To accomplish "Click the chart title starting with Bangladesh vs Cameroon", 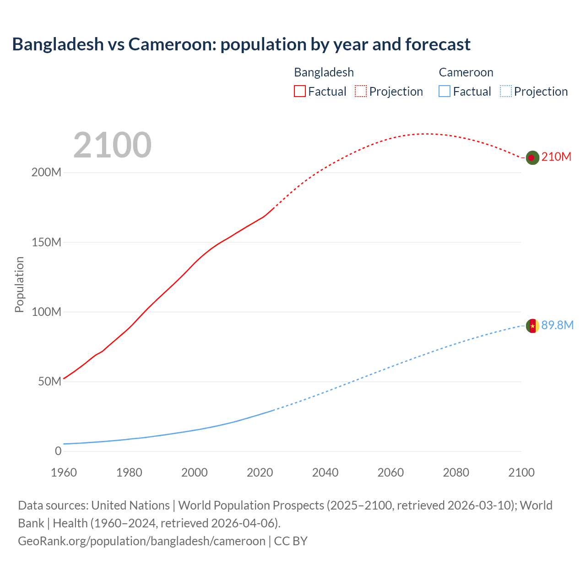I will [241, 44].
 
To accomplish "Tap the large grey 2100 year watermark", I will [112, 145].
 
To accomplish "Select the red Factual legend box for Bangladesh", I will [299, 91].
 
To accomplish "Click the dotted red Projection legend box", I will [361, 91].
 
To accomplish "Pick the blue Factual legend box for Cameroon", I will [444, 91].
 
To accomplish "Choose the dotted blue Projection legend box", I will [506, 91].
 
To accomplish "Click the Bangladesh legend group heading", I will [324, 72].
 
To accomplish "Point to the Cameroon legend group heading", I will [466, 72].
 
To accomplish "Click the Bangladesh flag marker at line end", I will [532, 157].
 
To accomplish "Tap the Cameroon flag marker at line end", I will [532, 326].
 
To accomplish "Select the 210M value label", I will [556, 157].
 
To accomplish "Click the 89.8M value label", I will [557, 325].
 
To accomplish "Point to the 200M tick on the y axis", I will [46, 173].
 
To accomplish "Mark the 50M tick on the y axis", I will [49, 381].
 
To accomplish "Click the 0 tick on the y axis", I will [58, 451].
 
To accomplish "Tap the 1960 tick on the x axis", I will [64, 472].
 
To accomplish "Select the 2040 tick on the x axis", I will [325, 472].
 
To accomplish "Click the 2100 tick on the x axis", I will [521, 472].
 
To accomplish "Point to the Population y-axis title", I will [19, 284].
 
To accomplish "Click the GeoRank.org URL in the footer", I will [141, 541].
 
